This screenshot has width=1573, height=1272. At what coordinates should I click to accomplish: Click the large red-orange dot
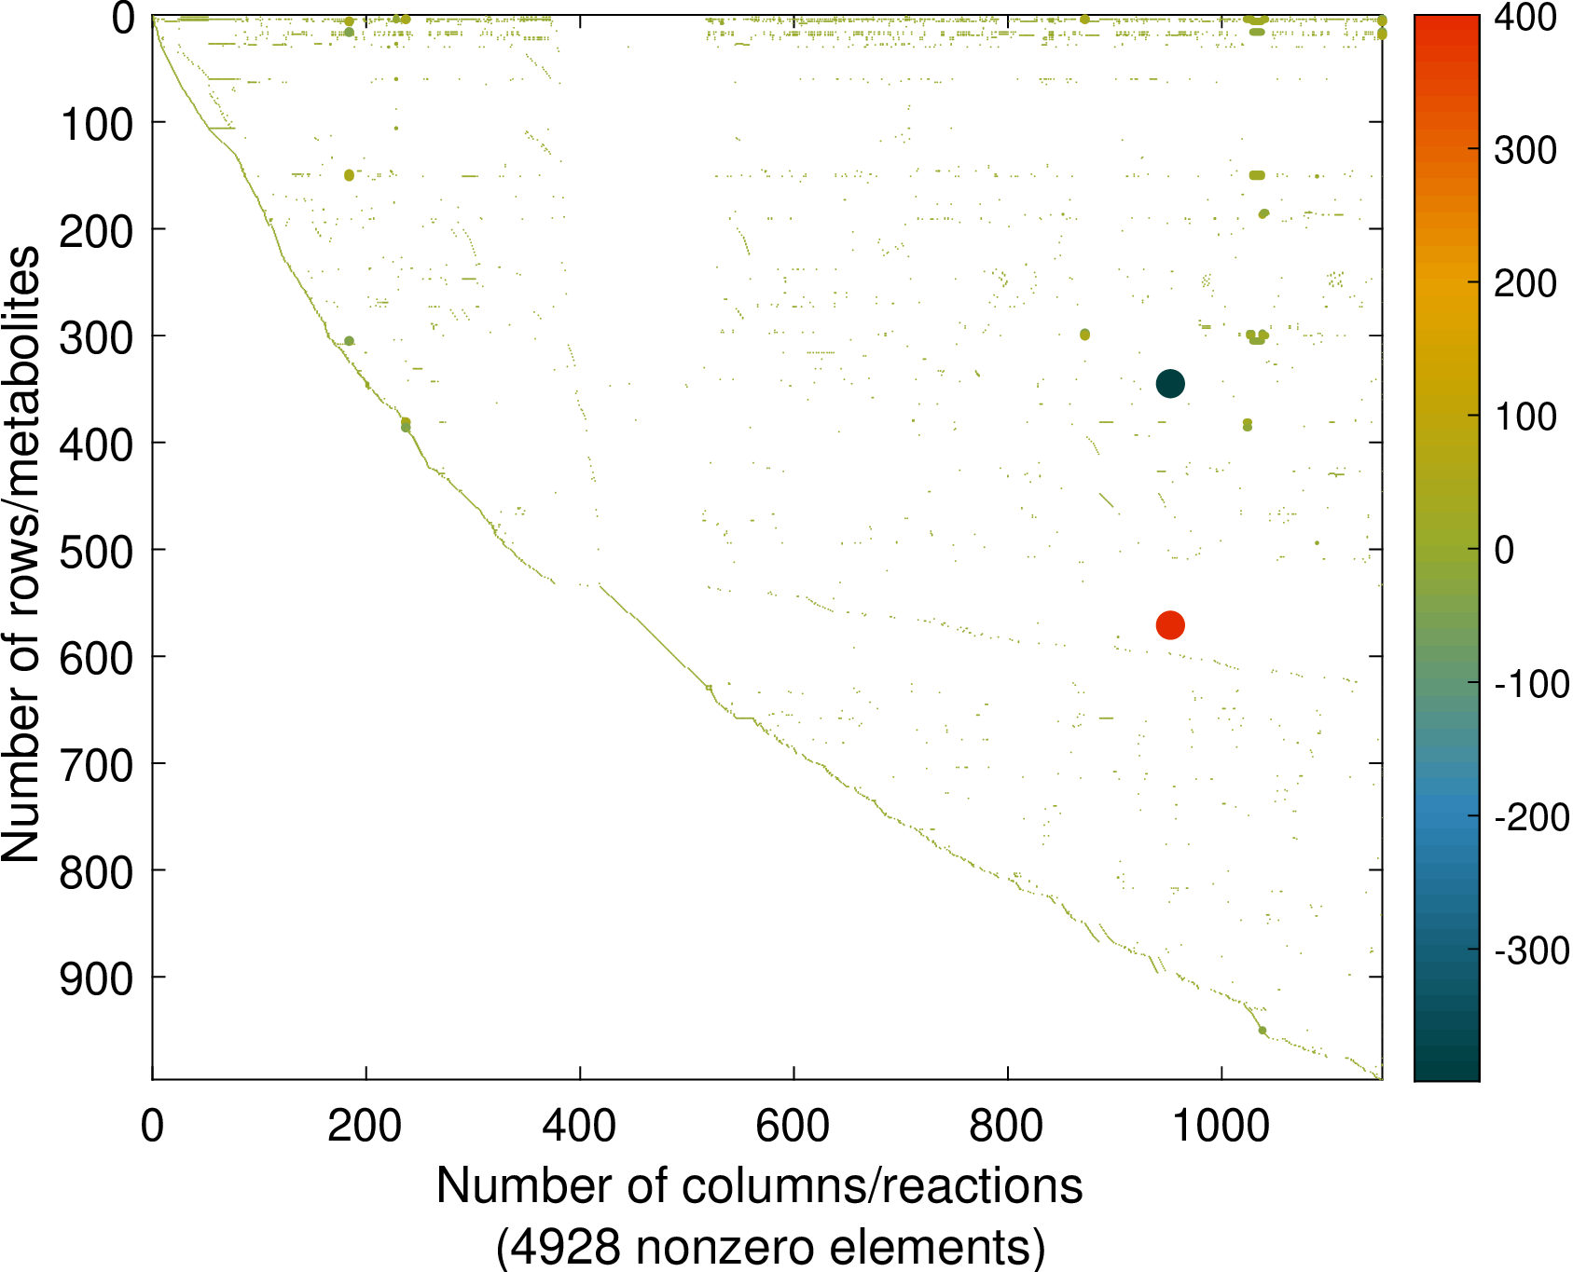1170,625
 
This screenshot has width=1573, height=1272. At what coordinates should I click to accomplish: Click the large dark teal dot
1170,383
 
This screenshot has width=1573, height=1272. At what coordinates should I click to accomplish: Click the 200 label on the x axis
365,1127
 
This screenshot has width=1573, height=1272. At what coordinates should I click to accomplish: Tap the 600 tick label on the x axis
793,1127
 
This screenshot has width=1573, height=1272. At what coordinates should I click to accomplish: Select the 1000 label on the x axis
1220,1127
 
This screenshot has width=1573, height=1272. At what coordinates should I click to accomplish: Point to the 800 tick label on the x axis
1006,1127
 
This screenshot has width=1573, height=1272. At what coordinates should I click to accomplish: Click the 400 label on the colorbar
1525,18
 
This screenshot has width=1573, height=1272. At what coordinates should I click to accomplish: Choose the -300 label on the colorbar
1532,951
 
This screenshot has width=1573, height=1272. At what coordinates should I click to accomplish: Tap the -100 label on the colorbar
1532,684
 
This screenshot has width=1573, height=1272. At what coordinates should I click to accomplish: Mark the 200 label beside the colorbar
1525,283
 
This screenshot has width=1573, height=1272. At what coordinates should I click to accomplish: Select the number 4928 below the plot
567,1247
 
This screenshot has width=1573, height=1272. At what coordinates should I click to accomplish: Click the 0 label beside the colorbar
1503,550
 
